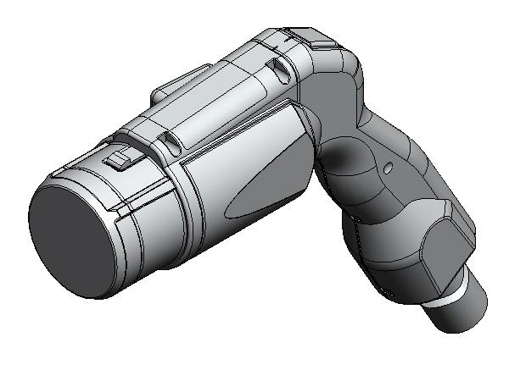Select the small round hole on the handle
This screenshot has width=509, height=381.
[387, 168]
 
